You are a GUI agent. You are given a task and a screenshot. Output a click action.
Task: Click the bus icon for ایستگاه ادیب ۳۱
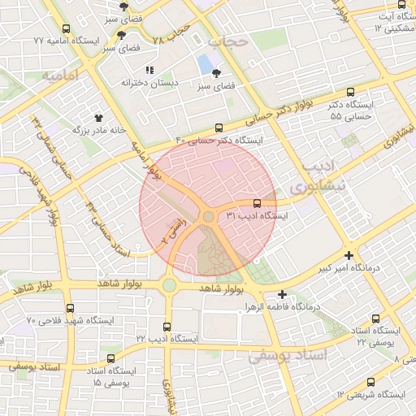click(x=258, y=203)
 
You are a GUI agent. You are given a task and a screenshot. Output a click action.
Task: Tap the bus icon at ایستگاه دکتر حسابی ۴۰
click(x=219, y=128)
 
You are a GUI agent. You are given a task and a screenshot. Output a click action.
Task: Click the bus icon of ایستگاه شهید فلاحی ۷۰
click(x=71, y=308)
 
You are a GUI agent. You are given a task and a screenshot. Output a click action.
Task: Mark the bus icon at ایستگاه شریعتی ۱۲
click(x=371, y=382)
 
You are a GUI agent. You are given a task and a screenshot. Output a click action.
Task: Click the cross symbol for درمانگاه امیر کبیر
click(x=349, y=254)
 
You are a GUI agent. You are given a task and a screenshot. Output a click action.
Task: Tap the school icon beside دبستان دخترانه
click(x=149, y=70)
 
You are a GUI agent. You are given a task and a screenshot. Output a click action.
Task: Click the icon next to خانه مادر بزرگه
click(x=101, y=118)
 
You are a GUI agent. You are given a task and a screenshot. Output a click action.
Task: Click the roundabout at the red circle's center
click(x=209, y=216)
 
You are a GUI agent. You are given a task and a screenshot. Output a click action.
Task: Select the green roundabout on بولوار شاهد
click(x=168, y=285)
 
